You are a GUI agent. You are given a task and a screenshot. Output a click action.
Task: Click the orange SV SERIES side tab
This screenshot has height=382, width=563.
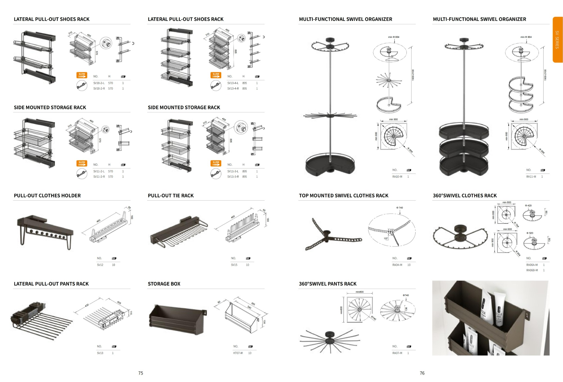(557, 39)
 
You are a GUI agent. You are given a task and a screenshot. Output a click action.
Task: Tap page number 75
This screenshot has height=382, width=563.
(141, 373)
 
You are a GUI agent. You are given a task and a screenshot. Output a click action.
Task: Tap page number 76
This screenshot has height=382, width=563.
(422, 373)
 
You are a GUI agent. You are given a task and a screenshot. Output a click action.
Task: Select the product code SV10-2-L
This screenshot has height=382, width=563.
(99, 83)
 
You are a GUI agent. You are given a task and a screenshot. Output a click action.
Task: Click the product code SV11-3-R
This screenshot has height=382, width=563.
(233, 177)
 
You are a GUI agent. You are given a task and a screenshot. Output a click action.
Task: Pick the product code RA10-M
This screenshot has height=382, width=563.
(397, 177)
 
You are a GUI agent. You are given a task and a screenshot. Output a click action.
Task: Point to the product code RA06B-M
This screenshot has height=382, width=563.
(532, 270)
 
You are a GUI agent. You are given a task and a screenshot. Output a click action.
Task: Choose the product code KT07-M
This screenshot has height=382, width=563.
(238, 353)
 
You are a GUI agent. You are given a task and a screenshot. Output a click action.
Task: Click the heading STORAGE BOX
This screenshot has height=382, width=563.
(164, 284)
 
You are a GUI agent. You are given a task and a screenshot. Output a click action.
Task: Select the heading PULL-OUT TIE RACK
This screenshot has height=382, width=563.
(171, 196)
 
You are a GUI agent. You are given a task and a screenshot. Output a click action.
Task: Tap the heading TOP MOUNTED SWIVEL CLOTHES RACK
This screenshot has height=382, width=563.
(343, 196)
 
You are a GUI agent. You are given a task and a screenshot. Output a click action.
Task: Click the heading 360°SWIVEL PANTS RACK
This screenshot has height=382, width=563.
(328, 284)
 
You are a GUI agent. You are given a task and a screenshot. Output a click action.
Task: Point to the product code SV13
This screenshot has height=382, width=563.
(100, 353)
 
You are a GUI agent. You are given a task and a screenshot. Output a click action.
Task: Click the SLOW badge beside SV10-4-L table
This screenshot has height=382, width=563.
(216, 75)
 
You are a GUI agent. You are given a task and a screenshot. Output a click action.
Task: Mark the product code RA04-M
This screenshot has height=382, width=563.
(397, 265)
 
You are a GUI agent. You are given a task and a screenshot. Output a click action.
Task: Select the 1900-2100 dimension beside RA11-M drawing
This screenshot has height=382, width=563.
(545, 75)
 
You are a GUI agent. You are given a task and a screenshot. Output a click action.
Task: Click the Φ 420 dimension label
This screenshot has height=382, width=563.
(528, 206)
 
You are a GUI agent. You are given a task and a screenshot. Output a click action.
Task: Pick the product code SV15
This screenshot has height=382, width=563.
(234, 265)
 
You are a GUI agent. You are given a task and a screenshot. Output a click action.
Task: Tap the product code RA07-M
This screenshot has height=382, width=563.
(397, 353)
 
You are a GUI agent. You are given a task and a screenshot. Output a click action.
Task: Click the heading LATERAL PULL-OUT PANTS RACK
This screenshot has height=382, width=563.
(51, 284)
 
